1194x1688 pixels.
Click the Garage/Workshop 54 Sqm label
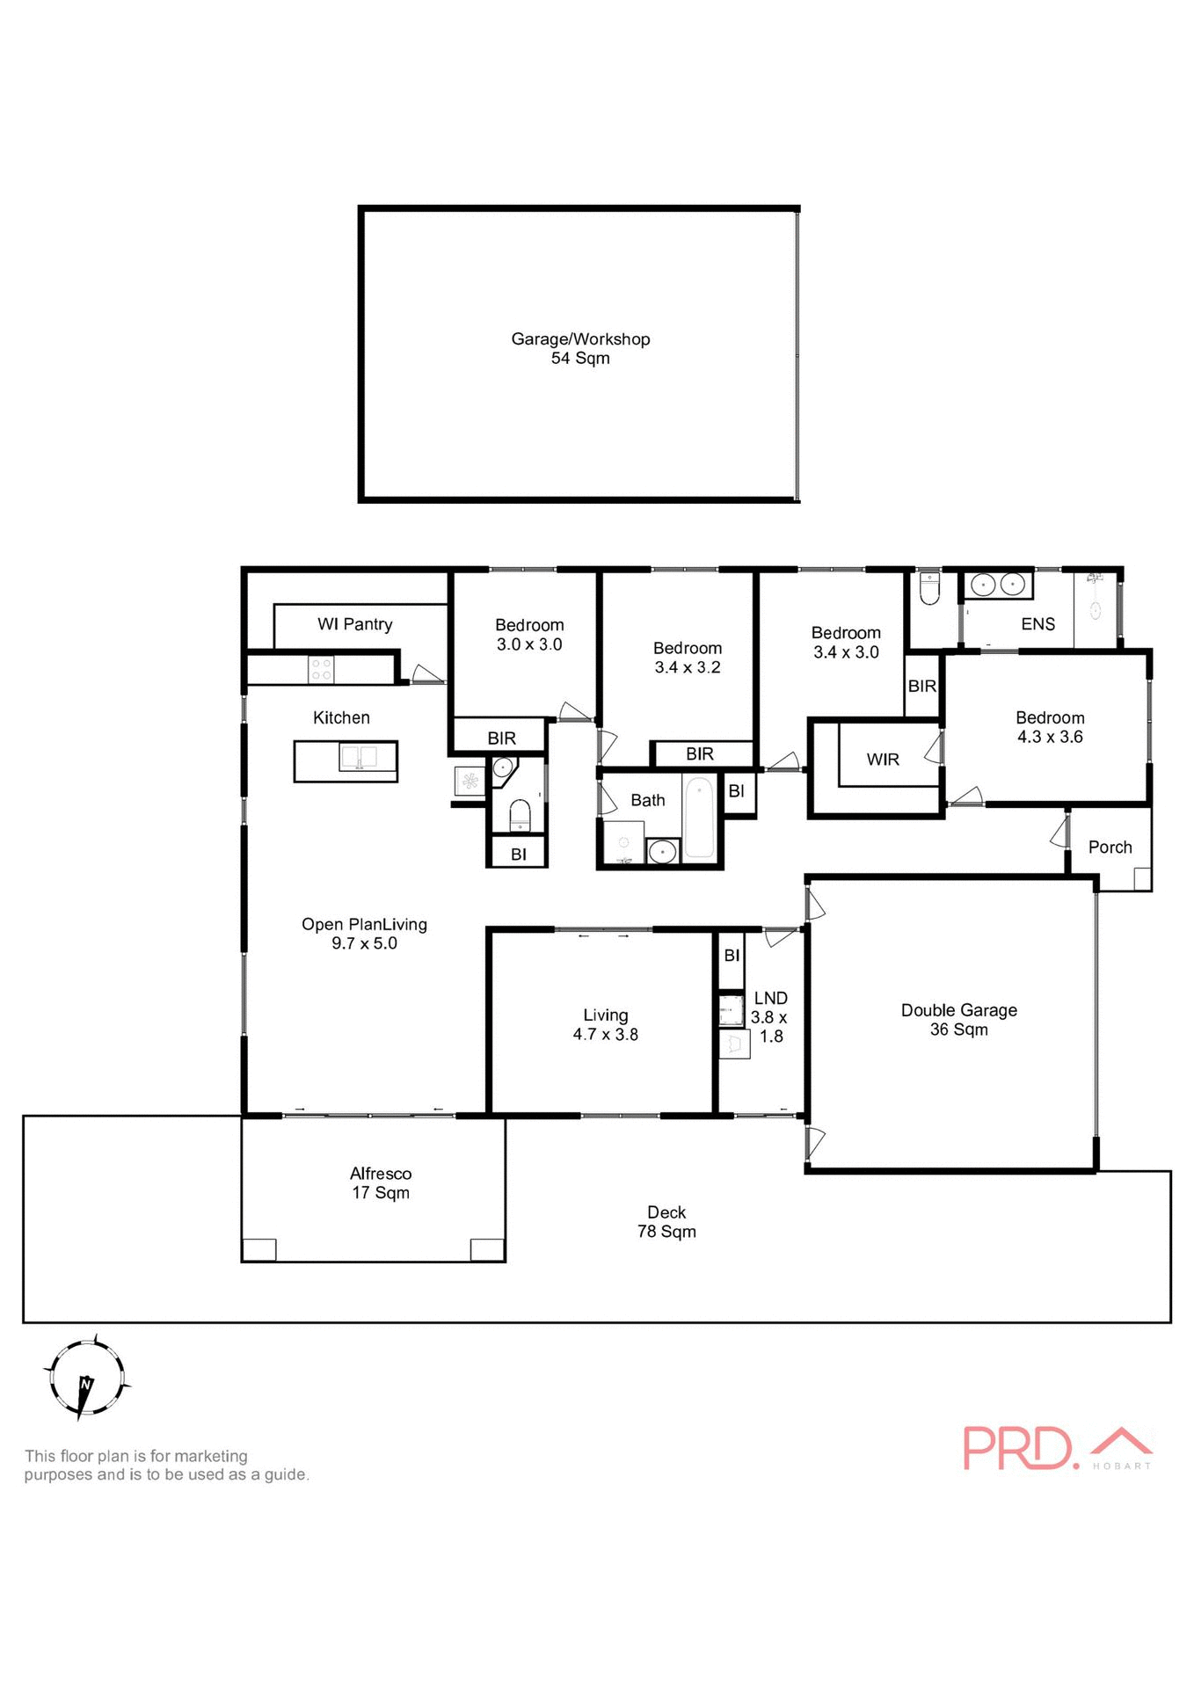point(580,348)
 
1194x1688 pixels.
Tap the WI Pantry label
point(354,624)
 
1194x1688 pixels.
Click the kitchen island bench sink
point(359,758)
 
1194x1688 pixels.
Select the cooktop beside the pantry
point(321,670)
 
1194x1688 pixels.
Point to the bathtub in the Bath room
point(700,818)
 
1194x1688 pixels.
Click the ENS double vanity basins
point(998,584)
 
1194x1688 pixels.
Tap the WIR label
point(882,760)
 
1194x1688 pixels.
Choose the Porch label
point(1110,848)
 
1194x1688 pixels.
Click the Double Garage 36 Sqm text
point(958,1020)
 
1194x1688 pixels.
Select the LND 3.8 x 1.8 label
point(770,1017)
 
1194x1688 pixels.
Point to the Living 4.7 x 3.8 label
point(605,1025)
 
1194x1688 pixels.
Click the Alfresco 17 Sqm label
point(380,1183)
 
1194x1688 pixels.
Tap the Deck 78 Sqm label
point(666,1222)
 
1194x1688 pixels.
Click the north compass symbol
point(85,1378)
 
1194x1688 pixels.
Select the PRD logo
point(1055,1448)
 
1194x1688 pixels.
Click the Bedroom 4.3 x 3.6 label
point(1050,728)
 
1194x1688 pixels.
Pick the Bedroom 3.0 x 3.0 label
point(529,635)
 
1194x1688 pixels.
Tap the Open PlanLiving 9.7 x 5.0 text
point(364,934)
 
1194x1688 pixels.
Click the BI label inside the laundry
point(732,956)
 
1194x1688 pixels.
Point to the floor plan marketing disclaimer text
point(166,1466)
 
